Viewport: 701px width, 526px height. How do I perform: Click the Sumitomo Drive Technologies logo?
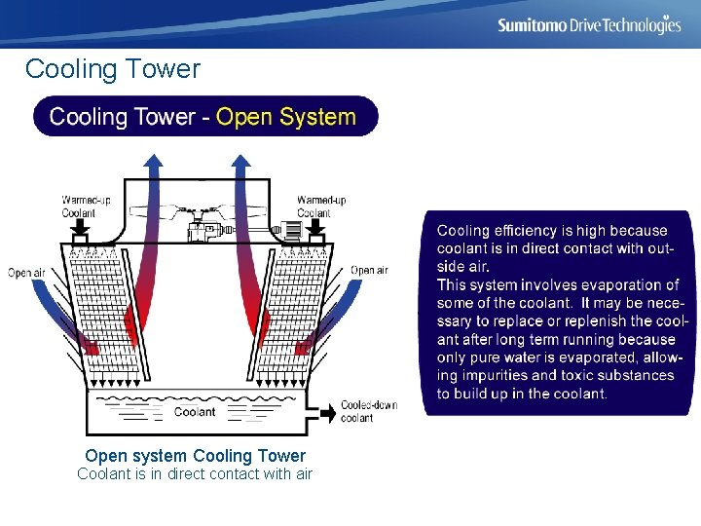coord(589,25)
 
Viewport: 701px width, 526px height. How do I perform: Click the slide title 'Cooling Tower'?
coord(112,69)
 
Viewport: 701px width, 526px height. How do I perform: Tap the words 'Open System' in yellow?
coord(285,118)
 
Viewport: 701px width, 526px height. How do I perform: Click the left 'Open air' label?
coord(26,273)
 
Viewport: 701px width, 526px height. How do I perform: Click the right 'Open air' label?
coord(369,270)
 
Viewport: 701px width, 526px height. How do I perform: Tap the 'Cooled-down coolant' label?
coord(369,411)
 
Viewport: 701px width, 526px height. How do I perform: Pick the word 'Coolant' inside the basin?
coord(195,412)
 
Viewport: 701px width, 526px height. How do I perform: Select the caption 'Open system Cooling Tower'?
coord(195,456)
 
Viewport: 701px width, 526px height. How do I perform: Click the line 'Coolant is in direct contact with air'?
coord(195,474)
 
